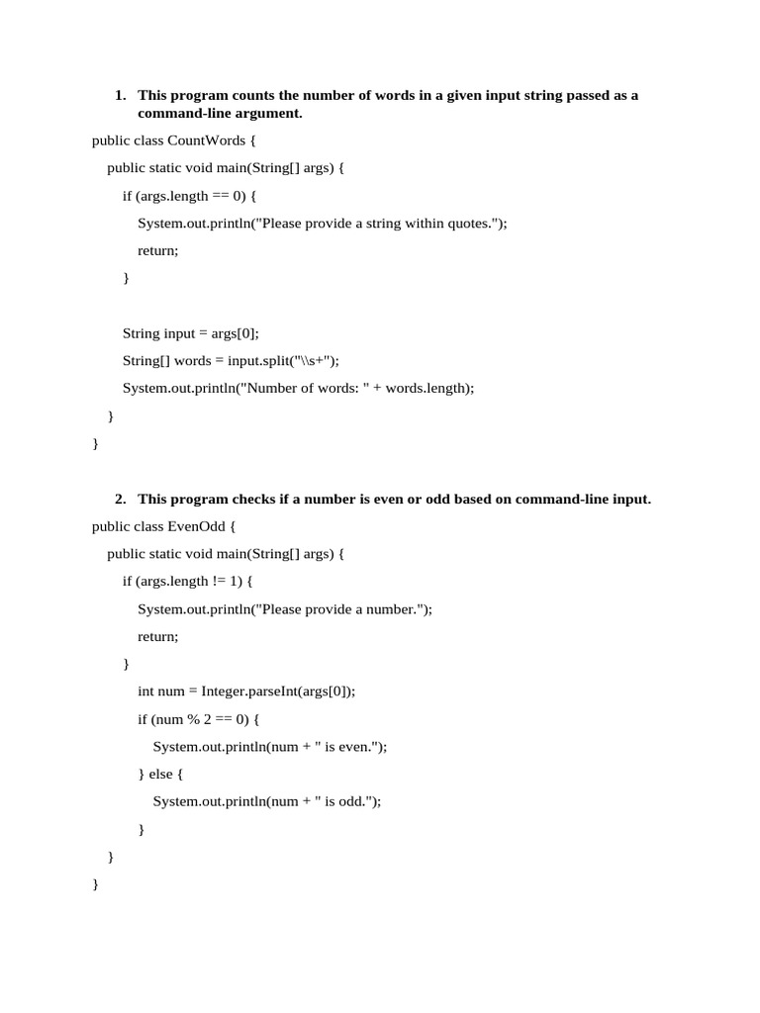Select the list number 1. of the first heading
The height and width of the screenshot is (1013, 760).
coord(120,96)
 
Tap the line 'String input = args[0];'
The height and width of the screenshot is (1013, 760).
coord(190,333)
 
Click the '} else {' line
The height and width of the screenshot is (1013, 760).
coord(160,775)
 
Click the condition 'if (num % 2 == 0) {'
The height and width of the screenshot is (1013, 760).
coord(199,719)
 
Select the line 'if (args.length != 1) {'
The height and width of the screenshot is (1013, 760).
coord(188,582)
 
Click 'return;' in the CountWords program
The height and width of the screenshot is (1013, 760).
coord(158,251)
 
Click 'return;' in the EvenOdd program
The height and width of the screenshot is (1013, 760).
coord(158,637)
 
